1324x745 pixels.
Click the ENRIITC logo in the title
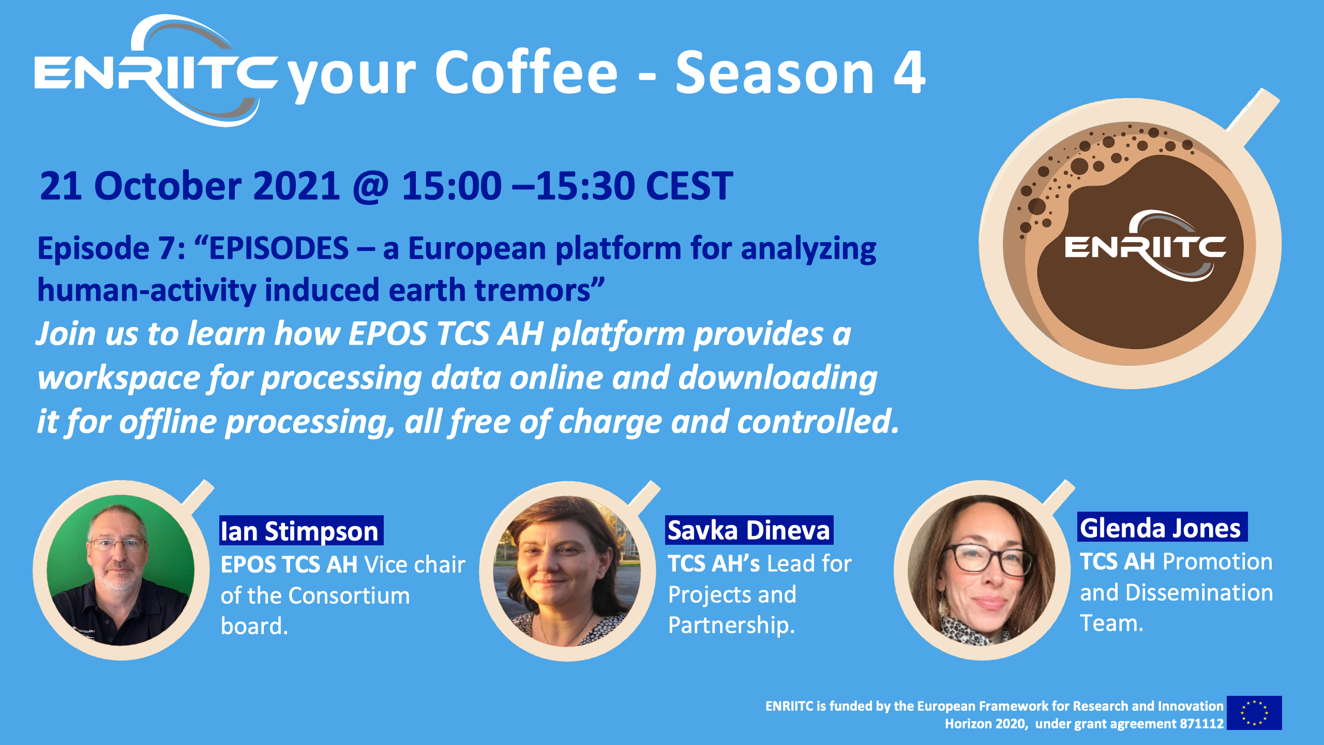pos(155,71)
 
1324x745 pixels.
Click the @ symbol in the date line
pos(370,186)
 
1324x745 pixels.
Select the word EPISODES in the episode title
pos(279,248)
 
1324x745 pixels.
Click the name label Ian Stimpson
pos(301,530)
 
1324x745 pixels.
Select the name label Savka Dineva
pos(749,530)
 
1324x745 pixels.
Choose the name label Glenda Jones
pos(1162,527)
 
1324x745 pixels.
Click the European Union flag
pos(1254,713)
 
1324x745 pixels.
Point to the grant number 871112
pos(1201,724)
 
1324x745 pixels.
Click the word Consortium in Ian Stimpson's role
pos(349,595)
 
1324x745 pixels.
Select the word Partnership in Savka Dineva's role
pos(731,625)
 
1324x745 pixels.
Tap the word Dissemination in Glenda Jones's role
pos(1199,592)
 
